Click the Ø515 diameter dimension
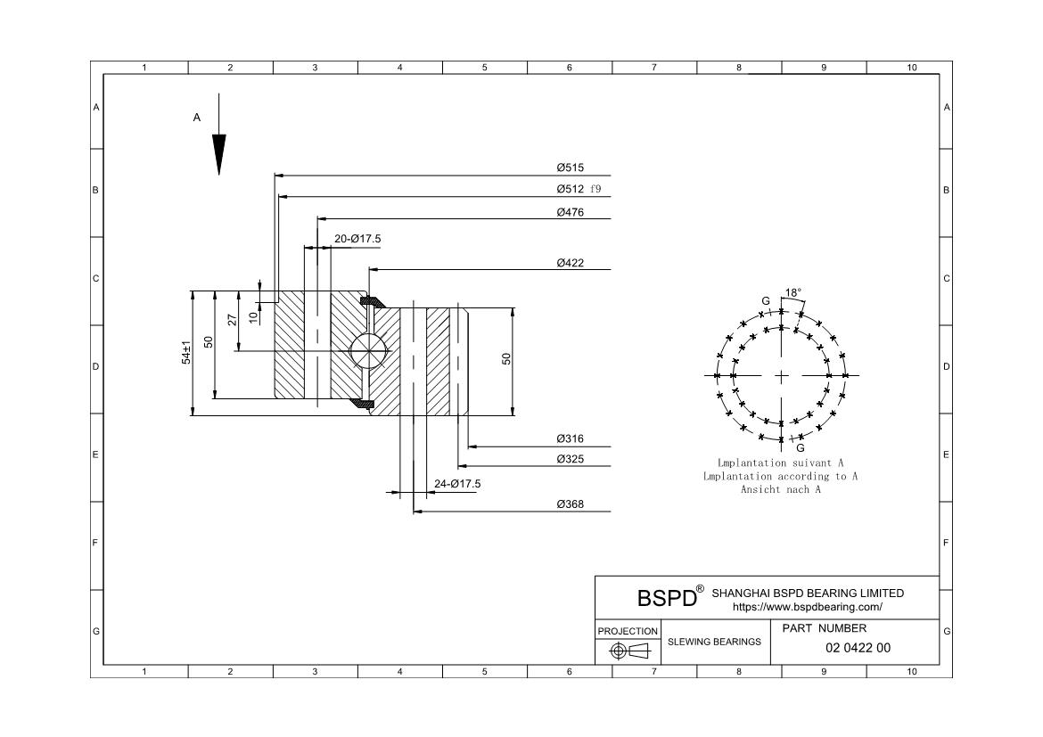point(570,168)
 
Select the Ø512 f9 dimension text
point(579,189)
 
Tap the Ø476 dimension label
point(570,212)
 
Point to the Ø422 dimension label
point(570,263)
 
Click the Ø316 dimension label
point(570,438)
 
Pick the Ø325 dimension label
point(570,459)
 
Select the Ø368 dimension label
point(570,504)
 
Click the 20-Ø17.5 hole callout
point(357,239)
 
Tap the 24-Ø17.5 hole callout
point(457,484)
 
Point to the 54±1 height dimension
point(187,352)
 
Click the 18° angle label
point(793,292)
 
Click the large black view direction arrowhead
point(218,153)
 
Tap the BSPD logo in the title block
point(667,598)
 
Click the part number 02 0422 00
point(858,648)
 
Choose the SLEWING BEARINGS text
point(714,642)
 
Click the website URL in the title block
point(807,607)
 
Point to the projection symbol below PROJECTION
point(628,651)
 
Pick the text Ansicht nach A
point(780,489)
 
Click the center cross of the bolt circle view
point(782,375)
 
